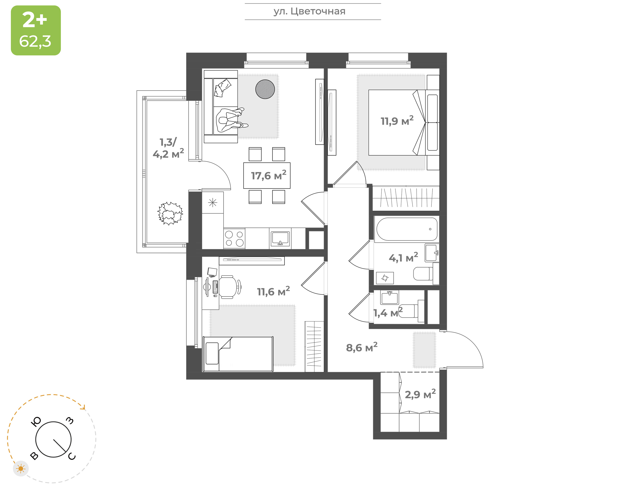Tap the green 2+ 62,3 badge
pos(36,30)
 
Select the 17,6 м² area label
pos(268,175)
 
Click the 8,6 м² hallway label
pos(362,347)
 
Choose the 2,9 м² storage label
pos(420,394)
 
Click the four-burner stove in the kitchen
pos(234,239)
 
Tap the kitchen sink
pos(280,239)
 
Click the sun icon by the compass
pos(21,469)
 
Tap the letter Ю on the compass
pos(36,422)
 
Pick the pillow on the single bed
pos(212,353)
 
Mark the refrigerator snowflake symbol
pos(213,203)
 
